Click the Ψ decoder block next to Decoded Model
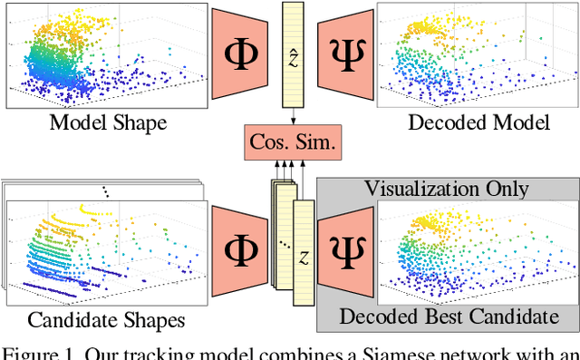click(345, 52)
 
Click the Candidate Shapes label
click(106, 319)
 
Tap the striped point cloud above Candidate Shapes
click(104, 249)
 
